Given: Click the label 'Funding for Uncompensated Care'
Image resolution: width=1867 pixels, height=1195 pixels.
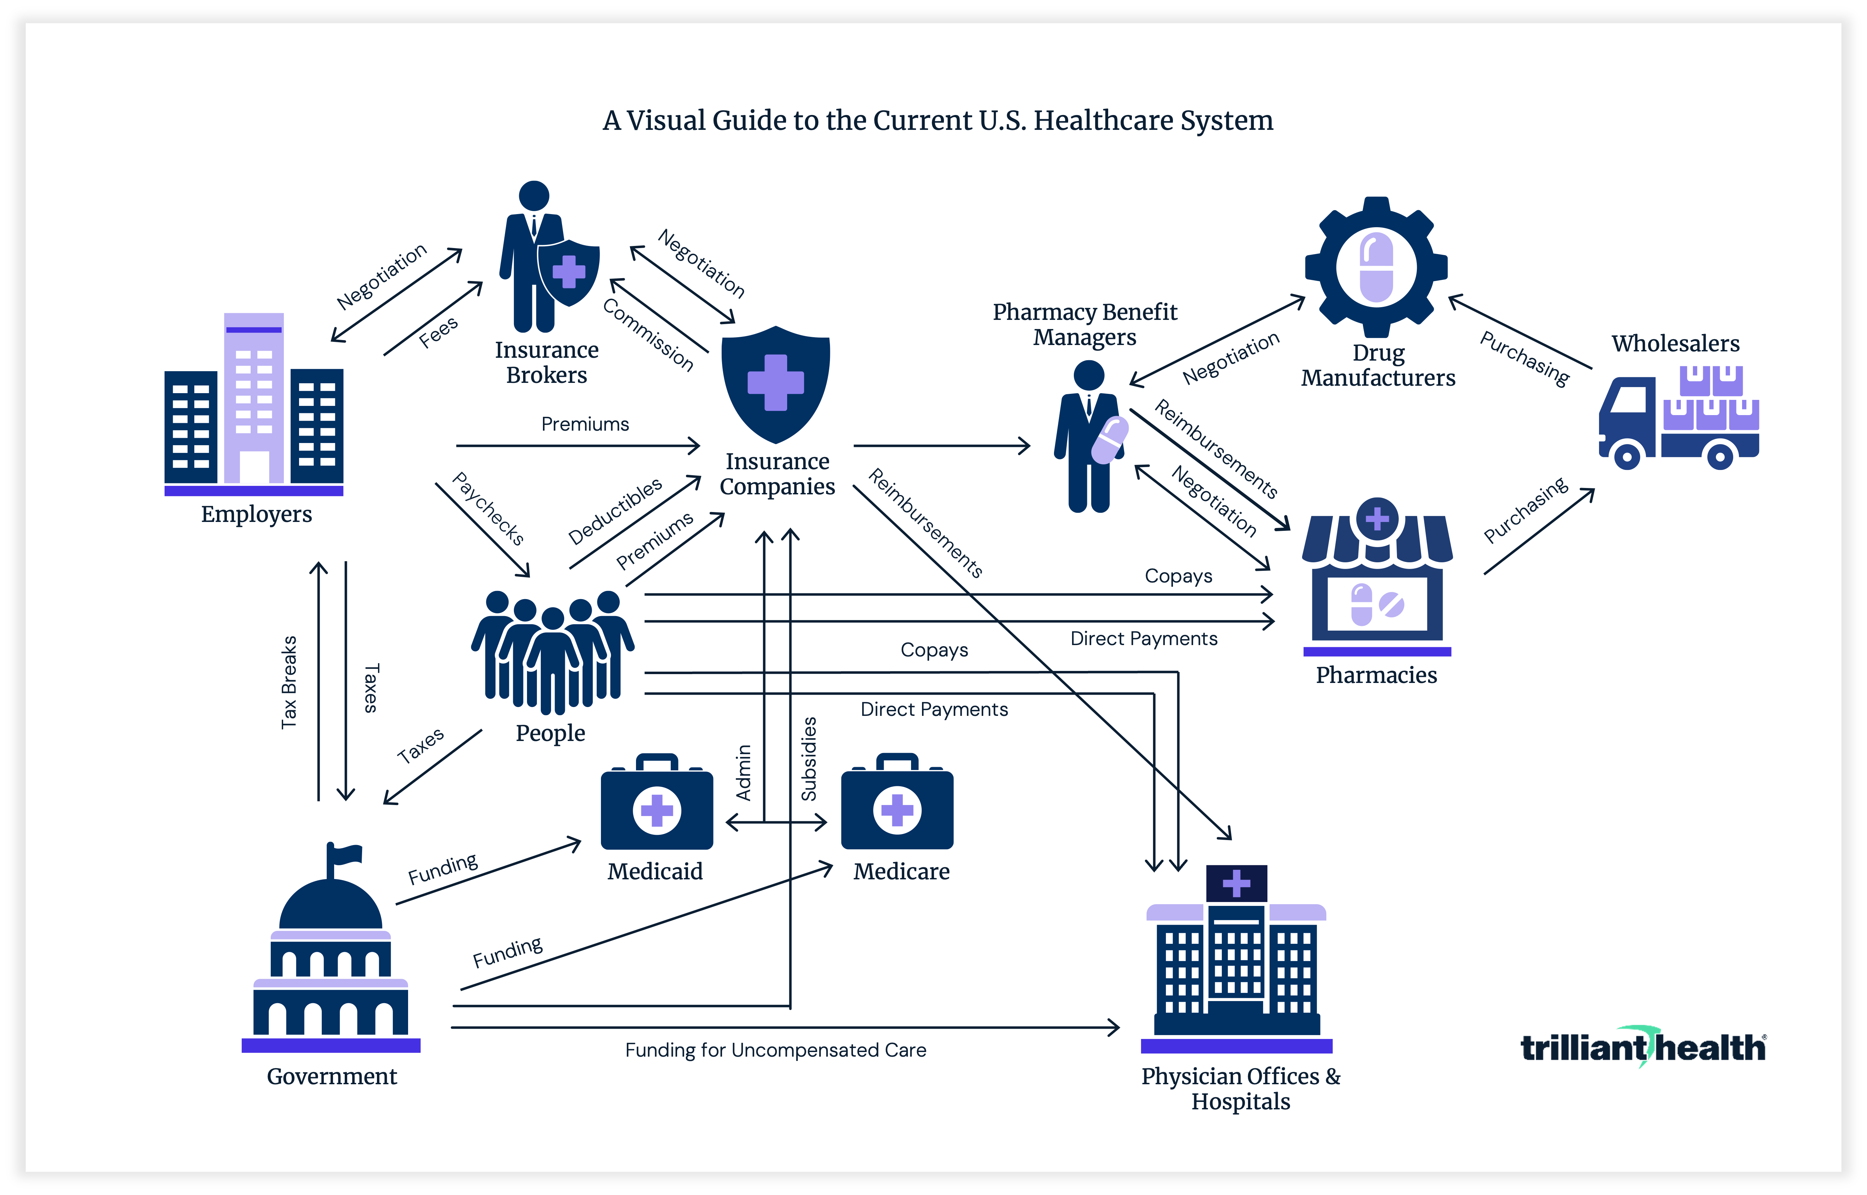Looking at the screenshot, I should tap(775, 1050).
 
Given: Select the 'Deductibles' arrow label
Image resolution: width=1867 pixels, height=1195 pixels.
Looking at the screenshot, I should tap(614, 511).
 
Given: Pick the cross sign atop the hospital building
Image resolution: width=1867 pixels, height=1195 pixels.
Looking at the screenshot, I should tap(1236, 883).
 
